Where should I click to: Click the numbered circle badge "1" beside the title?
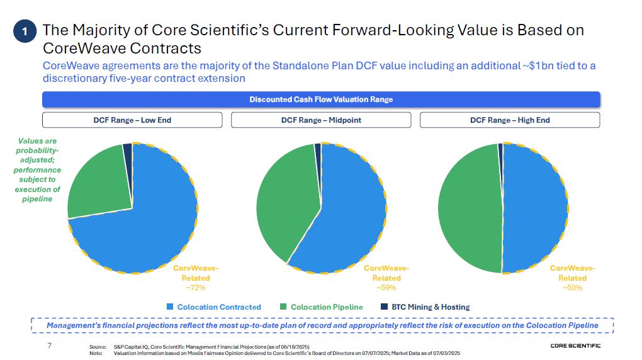click(x=25, y=31)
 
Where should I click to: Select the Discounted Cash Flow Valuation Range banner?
click(x=320, y=99)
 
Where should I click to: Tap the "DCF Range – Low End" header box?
click(x=132, y=120)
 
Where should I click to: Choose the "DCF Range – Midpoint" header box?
click(x=321, y=120)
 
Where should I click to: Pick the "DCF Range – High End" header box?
click(x=510, y=120)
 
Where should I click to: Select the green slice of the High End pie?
click(x=469, y=208)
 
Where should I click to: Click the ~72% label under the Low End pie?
click(x=196, y=287)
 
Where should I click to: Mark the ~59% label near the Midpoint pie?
click(x=386, y=287)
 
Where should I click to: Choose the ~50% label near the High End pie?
click(x=572, y=287)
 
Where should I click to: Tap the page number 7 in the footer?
click(x=49, y=346)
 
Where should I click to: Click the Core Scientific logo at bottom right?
click(x=575, y=346)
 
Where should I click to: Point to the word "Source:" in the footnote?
click(x=98, y=347)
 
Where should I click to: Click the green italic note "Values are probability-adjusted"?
click(x=37, y=170)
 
